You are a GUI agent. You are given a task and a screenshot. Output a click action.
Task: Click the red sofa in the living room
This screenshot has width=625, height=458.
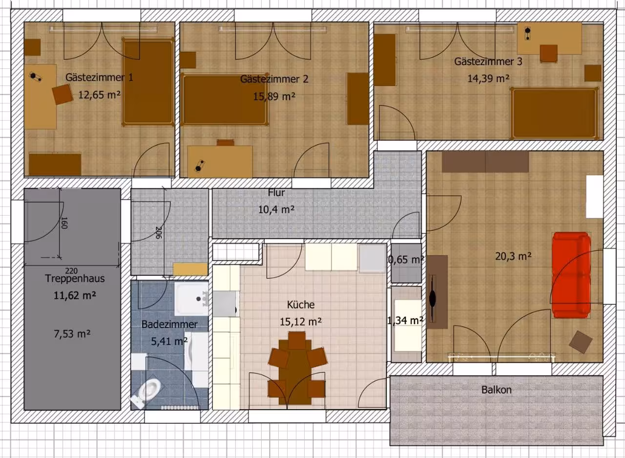point(572,275)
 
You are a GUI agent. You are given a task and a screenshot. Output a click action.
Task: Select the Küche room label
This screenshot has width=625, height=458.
point(300,305)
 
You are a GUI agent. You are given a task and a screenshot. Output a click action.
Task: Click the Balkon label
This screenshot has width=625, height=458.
point(497,390)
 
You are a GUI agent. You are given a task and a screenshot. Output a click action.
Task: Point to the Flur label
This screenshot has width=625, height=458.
point(276,192)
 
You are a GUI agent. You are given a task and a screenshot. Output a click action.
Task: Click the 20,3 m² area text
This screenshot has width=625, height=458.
point(513,256)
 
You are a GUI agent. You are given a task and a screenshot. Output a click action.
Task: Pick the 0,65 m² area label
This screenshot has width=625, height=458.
point(406,260)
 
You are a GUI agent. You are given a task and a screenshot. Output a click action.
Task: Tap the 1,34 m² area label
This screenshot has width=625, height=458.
point(405,321)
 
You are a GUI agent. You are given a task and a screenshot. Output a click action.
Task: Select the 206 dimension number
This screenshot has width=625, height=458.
point(159,232)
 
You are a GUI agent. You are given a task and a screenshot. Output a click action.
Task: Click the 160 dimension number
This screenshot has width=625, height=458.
point(64,223)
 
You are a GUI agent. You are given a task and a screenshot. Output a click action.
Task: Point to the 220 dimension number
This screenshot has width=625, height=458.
point(71,271)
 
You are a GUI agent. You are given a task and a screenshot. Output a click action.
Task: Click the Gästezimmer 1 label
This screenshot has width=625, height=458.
point(99,77)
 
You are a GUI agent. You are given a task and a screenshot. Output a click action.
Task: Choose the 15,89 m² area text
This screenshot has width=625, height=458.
point(274,96)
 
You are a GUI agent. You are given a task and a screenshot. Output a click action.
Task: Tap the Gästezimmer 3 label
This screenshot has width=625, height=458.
point(488,62)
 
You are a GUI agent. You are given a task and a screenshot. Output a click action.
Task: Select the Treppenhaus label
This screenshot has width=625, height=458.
point(75,278)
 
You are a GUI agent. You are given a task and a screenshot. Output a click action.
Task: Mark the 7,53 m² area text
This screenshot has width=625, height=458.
point(72,333)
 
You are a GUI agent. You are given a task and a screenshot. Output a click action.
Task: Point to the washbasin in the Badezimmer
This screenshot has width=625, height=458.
point(191,299)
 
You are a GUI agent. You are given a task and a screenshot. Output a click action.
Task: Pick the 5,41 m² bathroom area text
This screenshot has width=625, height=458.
point(169,341)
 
